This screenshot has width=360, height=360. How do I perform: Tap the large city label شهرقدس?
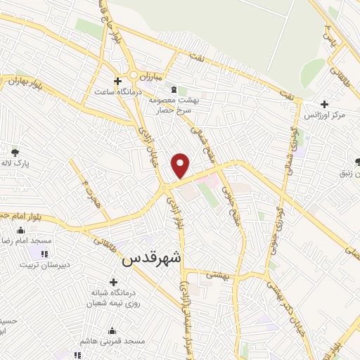[x=151, y=258]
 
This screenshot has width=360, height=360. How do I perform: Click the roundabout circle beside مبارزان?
[x=133, y=75]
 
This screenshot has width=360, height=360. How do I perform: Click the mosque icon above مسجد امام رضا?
[x=20, y=229]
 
